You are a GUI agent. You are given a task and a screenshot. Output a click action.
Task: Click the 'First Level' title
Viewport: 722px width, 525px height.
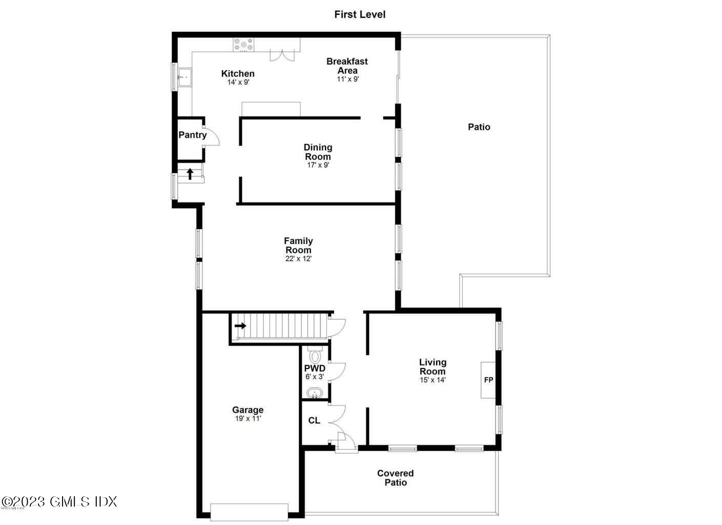coord(360,14)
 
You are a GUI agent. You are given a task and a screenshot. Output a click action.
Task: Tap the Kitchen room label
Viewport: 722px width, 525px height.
coord(238,74)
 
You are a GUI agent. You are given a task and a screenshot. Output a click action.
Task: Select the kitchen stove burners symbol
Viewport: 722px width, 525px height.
coord(243,45)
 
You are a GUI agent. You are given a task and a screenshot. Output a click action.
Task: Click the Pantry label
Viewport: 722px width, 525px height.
coord(192,135)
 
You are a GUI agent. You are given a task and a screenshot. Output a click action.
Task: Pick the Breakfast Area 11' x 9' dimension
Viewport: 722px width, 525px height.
coord(347,79)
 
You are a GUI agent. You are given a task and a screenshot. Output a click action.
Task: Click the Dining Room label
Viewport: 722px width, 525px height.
coord(318,152)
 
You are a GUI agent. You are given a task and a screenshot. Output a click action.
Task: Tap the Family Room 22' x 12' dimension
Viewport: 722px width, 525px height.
coord(298,259)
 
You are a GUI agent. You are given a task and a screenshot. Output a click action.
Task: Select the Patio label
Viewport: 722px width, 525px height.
coord(479,127)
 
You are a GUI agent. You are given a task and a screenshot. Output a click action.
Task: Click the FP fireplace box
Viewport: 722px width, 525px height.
coord(488,380)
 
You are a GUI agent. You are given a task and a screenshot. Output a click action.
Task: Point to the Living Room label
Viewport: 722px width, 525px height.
coord(432,367)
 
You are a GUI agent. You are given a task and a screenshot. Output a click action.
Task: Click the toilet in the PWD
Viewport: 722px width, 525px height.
coord(315,355)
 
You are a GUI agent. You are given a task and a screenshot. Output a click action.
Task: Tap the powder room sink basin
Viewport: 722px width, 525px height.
coord(314,393)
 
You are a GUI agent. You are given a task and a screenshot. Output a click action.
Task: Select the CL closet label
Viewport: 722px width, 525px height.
coord(314,420)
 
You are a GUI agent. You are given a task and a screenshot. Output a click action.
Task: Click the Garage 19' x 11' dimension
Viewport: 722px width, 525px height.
coord(248,418)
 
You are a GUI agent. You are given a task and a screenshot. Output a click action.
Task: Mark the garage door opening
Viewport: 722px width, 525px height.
coord(250,511)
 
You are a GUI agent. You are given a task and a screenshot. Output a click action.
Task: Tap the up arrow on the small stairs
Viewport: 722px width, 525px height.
coord(190,174)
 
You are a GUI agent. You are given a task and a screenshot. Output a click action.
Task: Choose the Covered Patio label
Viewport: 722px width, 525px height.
coord(396,478)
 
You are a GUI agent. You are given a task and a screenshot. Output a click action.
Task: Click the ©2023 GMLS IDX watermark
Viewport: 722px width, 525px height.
coord(59,501)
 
